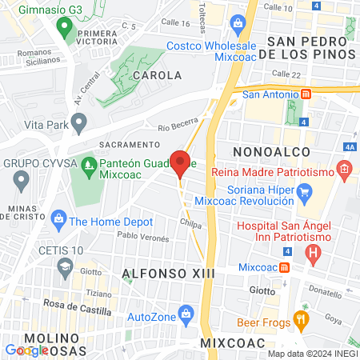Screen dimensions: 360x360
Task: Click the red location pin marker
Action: pos(180,163)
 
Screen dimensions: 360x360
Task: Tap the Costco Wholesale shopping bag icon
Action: pos(238,25)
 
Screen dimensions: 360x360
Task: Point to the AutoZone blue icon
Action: pos(186,311)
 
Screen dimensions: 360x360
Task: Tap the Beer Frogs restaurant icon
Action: pos(301,318)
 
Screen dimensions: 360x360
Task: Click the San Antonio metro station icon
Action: pos(306,94)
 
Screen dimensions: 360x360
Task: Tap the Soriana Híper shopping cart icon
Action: pos(304,192)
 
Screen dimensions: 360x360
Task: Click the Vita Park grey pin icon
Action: pos(78,122)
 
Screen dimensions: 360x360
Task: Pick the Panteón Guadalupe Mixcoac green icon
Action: pos(89,166)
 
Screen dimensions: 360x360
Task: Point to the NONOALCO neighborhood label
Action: pos(264,151)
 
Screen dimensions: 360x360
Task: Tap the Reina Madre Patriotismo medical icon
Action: pos(343,169)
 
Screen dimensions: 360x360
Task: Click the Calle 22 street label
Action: pos(286,74)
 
